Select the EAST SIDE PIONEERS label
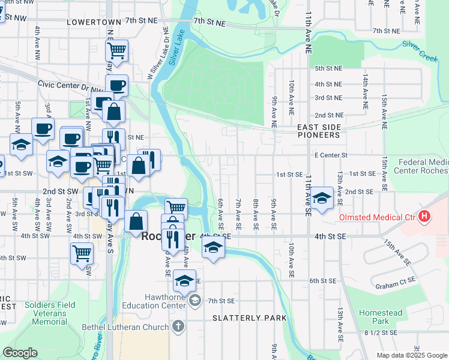click(319, 131)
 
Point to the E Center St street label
click(331, 155)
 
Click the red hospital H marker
click(424, 216)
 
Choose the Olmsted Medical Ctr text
click(378, 217)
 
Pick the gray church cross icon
click(177, 327)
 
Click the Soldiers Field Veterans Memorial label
click(50, 313)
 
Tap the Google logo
click(20, 353)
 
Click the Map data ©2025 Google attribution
click(411, 355)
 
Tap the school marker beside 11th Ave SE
click(322, 198)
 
